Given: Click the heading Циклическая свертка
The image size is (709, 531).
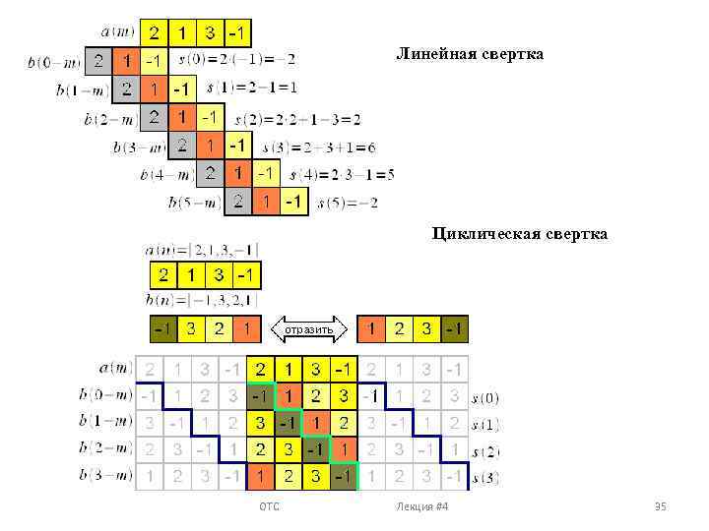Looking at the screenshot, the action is click(x=519, y=234).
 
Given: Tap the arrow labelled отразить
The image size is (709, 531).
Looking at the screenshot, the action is click(x=310, y=327).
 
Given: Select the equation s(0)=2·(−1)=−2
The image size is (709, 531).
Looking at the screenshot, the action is click(x=236, y=59).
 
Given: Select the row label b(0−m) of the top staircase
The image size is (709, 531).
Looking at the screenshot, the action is click(x=54, y=62).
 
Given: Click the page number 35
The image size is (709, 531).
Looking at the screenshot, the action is click(x=661, y=506).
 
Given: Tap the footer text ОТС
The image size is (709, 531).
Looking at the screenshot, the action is click(x=269, y=506).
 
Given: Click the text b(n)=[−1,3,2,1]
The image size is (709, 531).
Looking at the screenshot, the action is click(x=202, y=300).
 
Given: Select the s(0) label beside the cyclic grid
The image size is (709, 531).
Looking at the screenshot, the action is click(x=484, y=398).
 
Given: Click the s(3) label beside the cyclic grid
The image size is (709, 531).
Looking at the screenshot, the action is click(x=484, y=478).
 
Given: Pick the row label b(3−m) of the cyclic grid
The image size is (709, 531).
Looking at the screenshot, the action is click(x=105, y=476).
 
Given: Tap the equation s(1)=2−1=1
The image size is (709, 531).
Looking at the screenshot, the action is click(x=252, y=88).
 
